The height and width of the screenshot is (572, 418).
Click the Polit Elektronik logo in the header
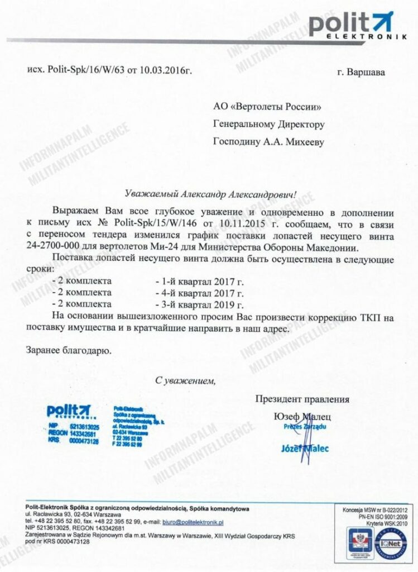(350, 26)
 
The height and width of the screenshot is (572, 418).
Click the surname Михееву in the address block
(305, 142)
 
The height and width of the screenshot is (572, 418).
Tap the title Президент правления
(302, 399)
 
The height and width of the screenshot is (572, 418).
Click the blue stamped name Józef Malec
(305, 448)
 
